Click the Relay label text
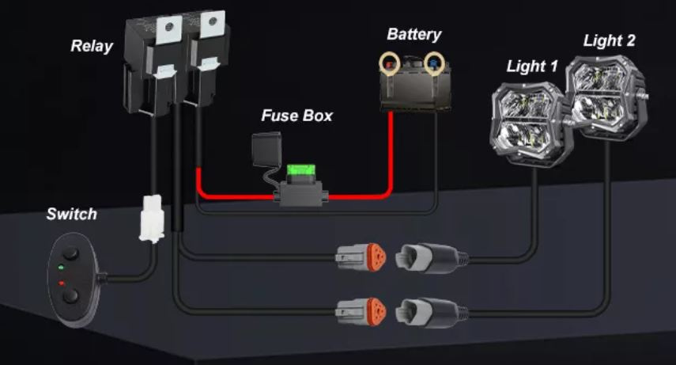point(92,46)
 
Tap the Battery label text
point(414,35)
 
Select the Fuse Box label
point(296,116)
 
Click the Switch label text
point(71,214)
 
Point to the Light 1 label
point(531,67)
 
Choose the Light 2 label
point(609,40)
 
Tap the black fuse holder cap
point(262,147)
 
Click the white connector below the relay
point(150,219)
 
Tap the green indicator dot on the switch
point(61,269)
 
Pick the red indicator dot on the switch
point(61,282)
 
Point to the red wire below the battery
point(391,150)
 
